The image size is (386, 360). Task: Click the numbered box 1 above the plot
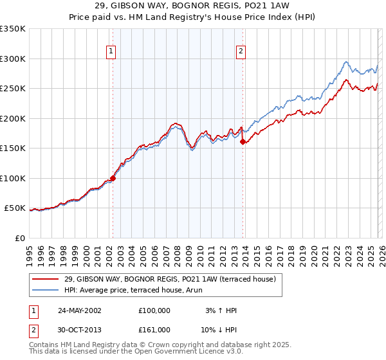[112, 52]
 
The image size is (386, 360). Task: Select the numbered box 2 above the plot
[241, 52]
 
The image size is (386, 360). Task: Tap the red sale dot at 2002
[113, 178]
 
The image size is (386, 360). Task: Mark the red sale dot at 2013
[243, 142]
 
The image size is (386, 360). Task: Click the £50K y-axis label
[15, 208]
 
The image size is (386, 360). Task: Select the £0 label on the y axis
[20, 238]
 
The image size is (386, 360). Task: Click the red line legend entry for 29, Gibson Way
[170, 278]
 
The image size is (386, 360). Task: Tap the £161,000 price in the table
[154, 329]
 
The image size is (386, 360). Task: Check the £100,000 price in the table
[154, 310]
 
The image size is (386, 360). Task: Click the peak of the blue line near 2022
[346, 62]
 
